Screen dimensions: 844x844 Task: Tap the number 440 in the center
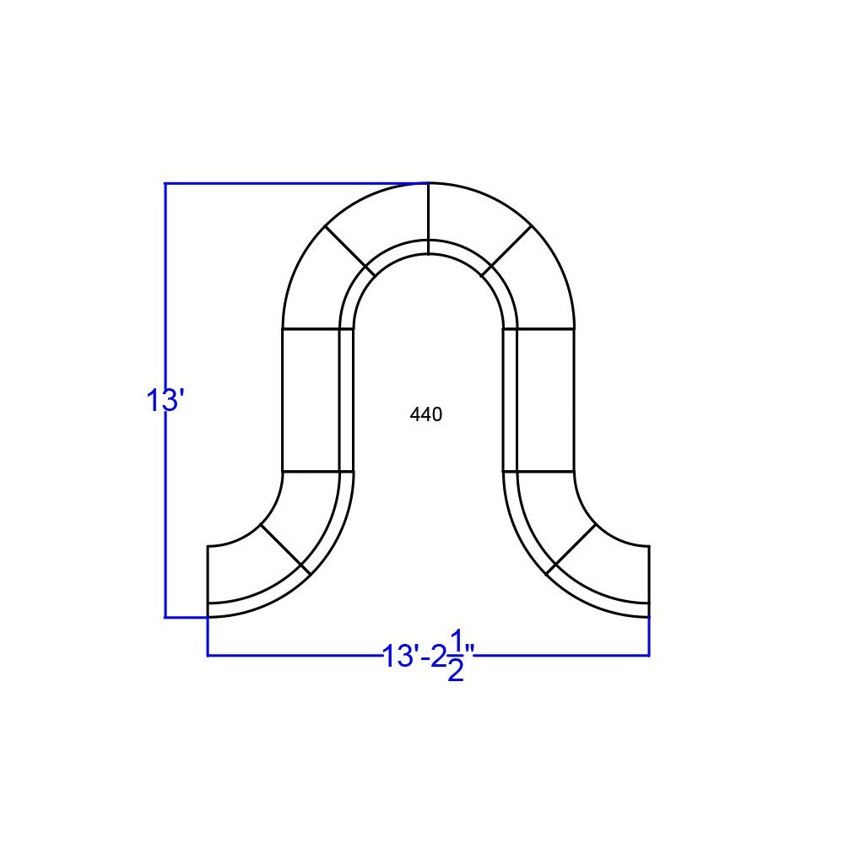click(426, 414)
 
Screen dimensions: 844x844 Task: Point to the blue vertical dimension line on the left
click(165, 506)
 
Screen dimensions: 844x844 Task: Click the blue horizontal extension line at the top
click(295, 183)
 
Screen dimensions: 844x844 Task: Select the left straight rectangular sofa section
click(311, 399)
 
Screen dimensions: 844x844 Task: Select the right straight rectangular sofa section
click(545, 399)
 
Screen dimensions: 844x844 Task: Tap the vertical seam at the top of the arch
click(428, 218)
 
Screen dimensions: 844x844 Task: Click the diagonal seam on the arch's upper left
click(349, 251)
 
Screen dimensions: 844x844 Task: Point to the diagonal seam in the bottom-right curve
click(571, 549)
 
